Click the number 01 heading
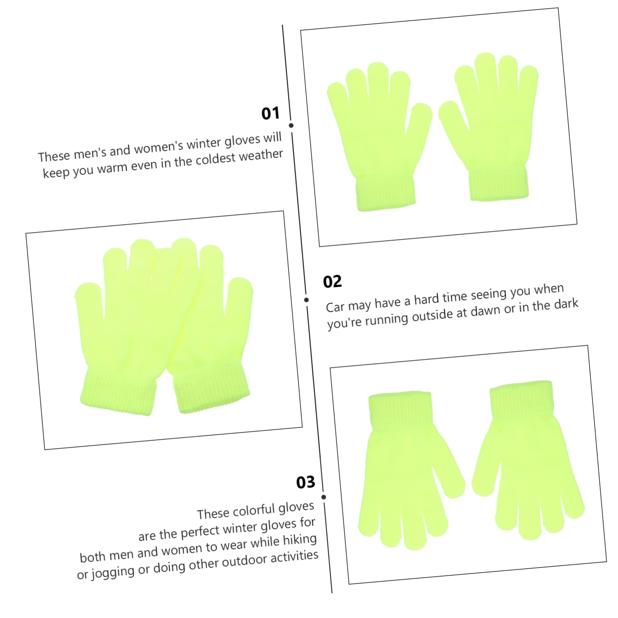pyautogui.click(x=270, y=113)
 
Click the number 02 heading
pyautogui.click(x=332, y=282)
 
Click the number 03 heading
pyautogui.click(x=306, y=482)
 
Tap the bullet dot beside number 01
pyautogui.click(x=291, y=125)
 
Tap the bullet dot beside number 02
pyautogui.click(x=307, y=300)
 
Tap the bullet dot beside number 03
pyautogui.click(x=323, y=497)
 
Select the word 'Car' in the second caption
pyautogui.click(x=335, y=307)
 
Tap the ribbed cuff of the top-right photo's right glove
pyautogui.click(x=499, y=184)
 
